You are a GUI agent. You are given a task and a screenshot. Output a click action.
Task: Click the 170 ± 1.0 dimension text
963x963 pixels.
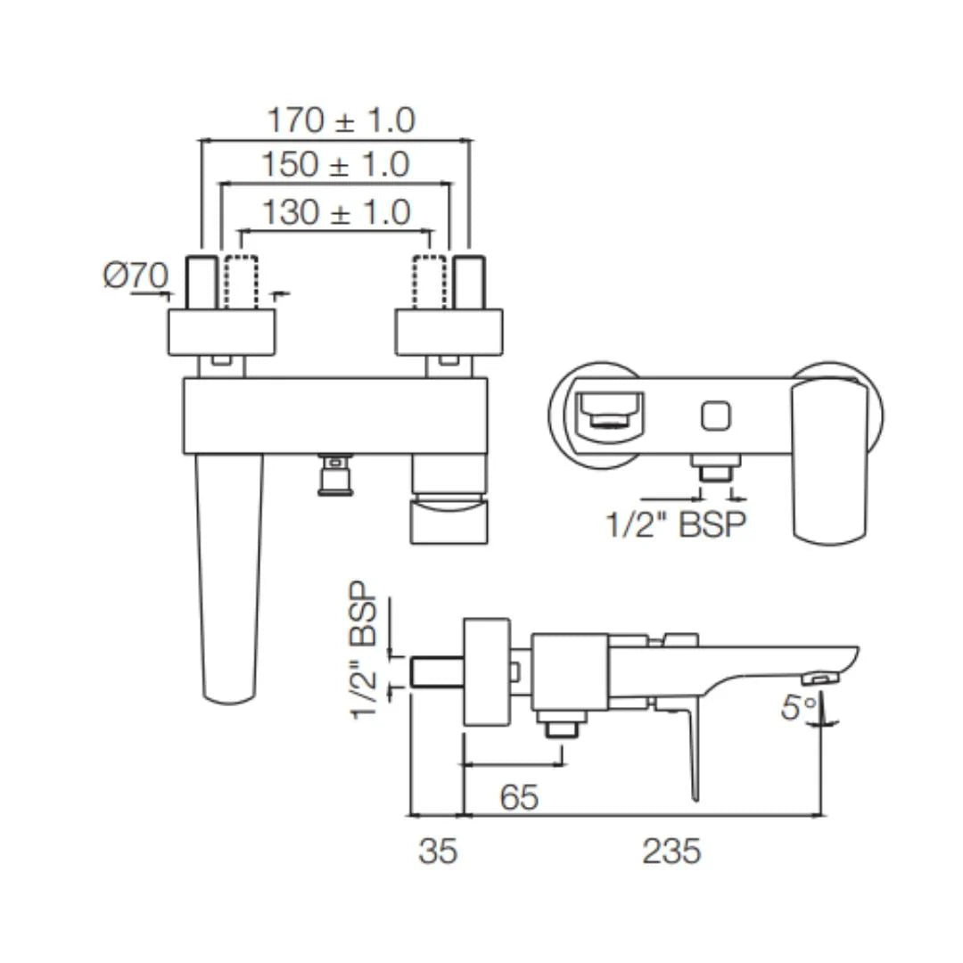341,119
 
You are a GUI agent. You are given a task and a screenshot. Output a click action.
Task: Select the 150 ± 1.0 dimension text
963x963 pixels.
335,165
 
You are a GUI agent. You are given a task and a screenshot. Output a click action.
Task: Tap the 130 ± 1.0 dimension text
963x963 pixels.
336,212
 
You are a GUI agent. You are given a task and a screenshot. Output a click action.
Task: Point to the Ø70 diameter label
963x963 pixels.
135,276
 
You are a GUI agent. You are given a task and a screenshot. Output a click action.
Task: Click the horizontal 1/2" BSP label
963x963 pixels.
675,524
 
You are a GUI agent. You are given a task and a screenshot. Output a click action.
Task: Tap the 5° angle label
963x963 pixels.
796,709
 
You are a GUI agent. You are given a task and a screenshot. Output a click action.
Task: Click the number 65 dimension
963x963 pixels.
519,797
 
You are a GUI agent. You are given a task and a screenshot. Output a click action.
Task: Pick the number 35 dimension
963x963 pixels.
438,852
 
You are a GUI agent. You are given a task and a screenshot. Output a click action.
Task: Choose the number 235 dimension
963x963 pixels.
671,852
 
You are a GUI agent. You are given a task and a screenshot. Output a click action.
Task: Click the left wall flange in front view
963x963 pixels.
221,332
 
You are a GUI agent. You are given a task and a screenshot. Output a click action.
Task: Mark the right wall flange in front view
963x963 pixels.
449,332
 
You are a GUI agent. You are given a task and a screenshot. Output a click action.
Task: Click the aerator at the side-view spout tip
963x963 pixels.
822,679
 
